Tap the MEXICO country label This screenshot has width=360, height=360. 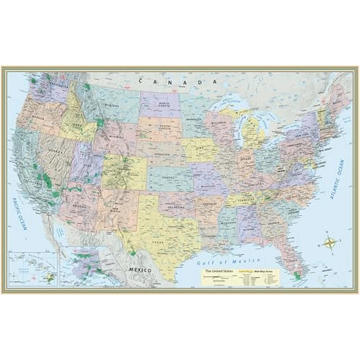click(x=139, y=269)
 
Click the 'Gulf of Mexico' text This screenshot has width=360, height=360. click(x=229, y=261)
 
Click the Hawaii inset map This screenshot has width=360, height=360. click(x=34, y=268)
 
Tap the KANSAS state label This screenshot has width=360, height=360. click(x=168, y=177)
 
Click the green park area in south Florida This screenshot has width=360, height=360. click(x=297, y=277)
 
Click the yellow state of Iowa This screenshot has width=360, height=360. click(x=200, y=149)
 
